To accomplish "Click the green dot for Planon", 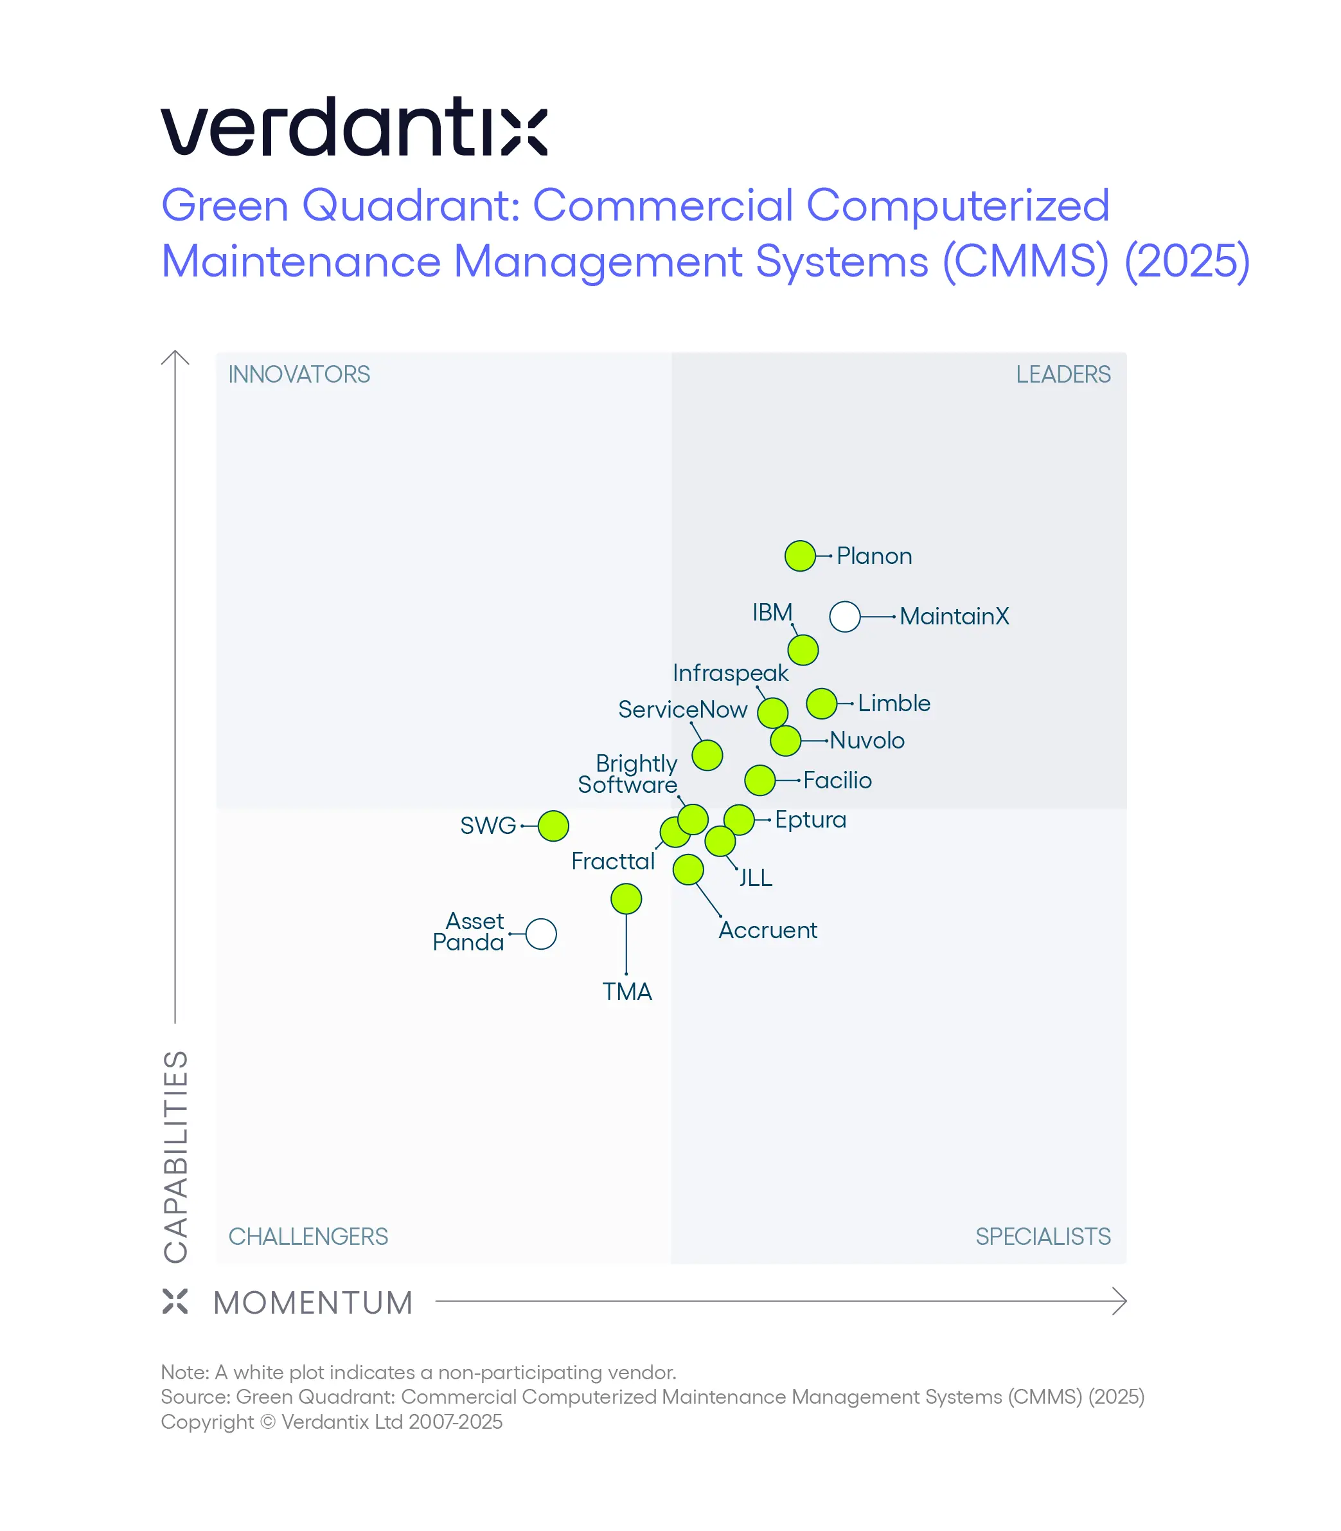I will tap(799, 556).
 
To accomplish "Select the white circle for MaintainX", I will tap(844, 616).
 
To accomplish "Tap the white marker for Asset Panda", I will tap(540, 934).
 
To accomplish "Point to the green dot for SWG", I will tap(553, 825).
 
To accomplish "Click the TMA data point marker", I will tap(626, 898).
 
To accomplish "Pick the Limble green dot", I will tap(821, 703).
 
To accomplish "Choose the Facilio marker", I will tap(759, 780).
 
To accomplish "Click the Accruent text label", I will tap(767, 930).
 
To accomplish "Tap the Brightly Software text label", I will tap(628, 774).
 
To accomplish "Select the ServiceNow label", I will tap(682, 709).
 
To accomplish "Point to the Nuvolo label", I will tap(867, 740).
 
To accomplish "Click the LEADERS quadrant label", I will tap(1062, 374).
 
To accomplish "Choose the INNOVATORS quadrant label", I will tap(299, 374).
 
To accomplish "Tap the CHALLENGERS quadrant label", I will tap(308, 1236).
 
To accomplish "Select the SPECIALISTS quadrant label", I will tap(1042, 1236).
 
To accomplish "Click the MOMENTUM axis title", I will tap(313, 1303).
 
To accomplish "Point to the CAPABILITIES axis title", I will tap(176, 1156).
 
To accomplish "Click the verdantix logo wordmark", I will tap(354, 127).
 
